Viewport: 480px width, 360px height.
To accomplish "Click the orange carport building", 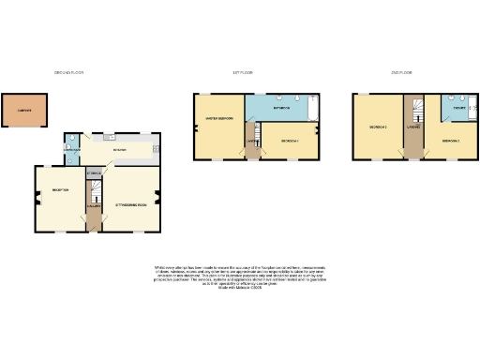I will click(22, 109).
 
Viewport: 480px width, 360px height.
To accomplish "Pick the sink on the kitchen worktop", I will click(109, 138).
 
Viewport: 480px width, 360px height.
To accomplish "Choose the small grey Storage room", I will click(93, 173).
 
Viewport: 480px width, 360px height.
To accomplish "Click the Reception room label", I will click(60, 191).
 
